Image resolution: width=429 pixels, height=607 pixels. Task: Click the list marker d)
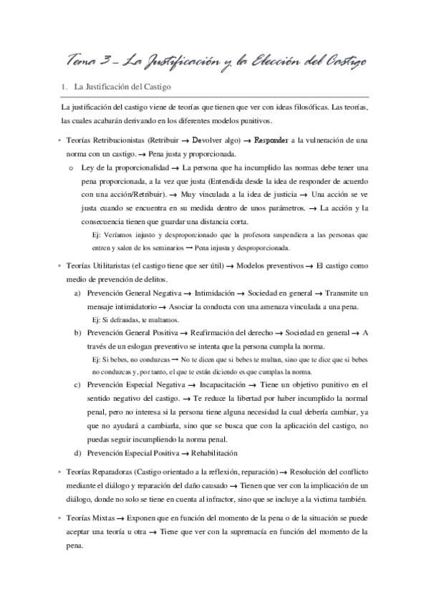click(77, 452)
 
